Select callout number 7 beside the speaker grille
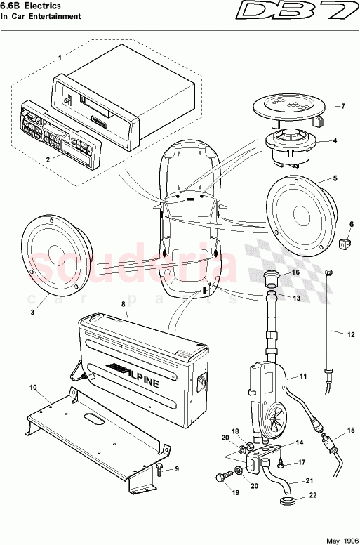click(343, 107)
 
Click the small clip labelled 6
click(344, 244)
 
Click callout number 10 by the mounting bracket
click(33, 387)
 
